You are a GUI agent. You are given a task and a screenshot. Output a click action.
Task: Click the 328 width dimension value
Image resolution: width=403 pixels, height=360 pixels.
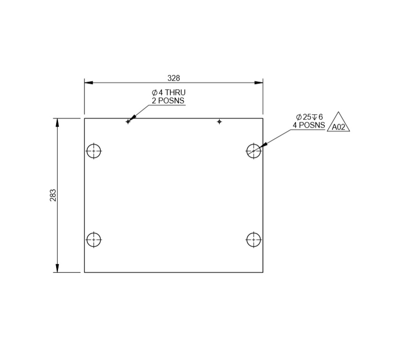(174, 78)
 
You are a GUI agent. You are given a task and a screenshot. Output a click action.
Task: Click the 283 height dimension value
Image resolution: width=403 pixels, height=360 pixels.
(53, 195)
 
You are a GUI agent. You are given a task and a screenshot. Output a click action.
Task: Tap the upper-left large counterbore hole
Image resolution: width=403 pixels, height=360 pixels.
(94, 151)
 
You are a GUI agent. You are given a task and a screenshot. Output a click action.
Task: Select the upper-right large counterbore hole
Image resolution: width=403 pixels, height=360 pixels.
(253, 151)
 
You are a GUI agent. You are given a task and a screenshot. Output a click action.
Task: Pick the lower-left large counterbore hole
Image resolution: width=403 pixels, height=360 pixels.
(94, 239)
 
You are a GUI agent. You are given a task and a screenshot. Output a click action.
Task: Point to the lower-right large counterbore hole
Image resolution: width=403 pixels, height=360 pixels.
(253, 239)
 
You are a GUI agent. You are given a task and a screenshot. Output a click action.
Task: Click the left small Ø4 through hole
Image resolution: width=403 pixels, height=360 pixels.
(128, 121)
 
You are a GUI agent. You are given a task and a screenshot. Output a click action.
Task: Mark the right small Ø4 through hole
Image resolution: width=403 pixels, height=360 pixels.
(219, 121)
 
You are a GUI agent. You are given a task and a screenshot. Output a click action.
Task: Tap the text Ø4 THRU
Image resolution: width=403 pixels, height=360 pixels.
(168, 93)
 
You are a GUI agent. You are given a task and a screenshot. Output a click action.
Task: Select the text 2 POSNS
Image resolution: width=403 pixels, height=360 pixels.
(168, 101)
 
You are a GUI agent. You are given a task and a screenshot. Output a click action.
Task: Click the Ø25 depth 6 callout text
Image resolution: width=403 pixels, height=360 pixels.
(309, 117)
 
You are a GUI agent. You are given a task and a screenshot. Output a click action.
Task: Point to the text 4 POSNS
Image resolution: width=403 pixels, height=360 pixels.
(309, 125)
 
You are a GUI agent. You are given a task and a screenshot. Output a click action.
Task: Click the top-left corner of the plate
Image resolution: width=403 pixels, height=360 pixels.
(84, 118)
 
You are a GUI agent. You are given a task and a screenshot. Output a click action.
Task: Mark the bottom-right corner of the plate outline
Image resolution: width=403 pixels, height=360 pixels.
(263, 272)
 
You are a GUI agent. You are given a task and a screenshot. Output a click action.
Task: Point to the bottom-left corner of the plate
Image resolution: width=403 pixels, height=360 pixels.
(84, 272)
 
